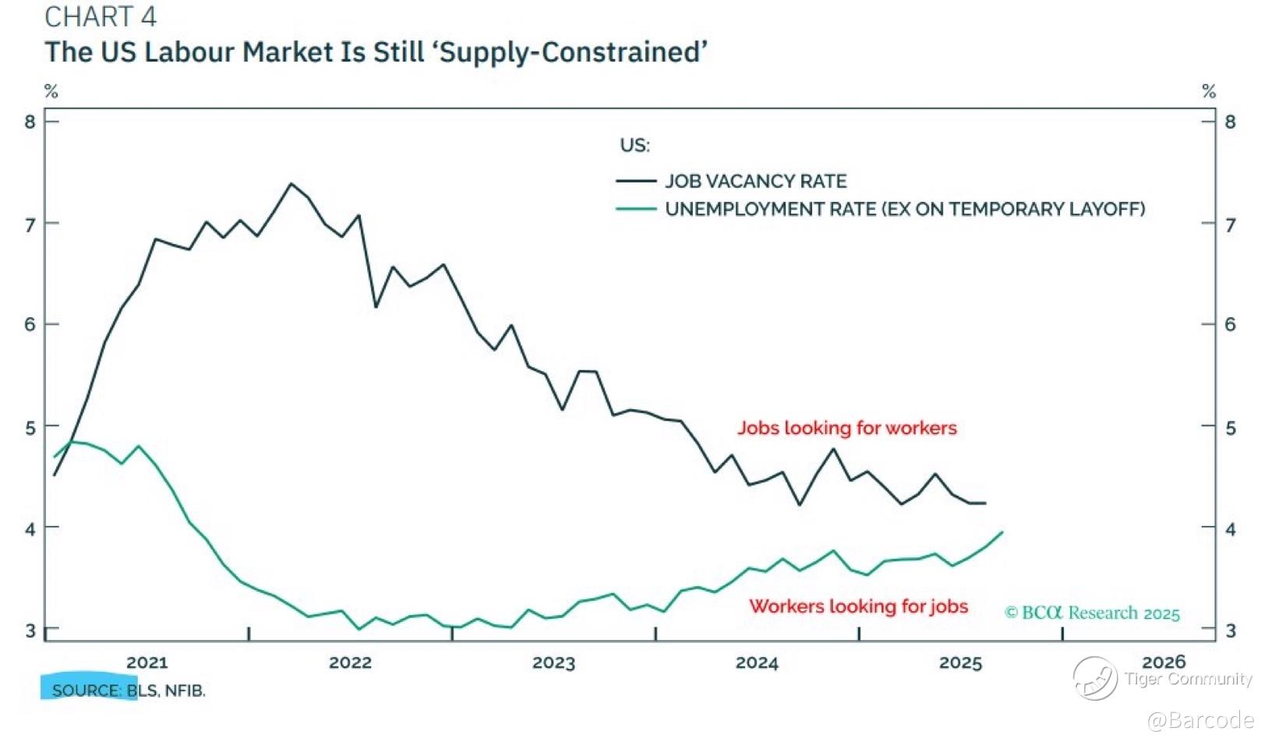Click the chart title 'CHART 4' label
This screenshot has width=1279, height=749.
(101, 16)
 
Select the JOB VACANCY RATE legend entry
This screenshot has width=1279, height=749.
(754, 182)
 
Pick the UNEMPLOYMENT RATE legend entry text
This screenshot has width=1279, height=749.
(904, 210)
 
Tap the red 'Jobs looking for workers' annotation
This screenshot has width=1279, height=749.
(846, 428)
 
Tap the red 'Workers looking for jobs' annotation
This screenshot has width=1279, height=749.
(858, 606)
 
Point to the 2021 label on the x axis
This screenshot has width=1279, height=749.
(147, 662)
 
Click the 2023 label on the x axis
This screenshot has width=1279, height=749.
(553, 662)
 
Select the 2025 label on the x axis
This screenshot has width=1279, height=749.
(960, 662)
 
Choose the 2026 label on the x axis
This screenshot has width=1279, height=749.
(1163, 662)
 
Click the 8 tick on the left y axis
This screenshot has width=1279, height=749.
(30, 122)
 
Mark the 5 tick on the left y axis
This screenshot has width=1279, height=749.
(30, 428)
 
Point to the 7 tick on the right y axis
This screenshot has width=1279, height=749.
(1231, 225)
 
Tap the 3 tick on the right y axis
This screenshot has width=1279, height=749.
(1231, 631)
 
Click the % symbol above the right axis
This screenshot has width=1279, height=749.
(1209, 91)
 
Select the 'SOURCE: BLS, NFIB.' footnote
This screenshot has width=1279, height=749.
(129, 691)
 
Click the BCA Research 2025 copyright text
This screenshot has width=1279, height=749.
(1092, 613)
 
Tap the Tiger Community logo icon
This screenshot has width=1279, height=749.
(1094, 678)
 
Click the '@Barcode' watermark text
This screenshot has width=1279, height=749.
(1200, 720)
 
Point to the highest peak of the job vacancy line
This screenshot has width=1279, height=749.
(291, 184)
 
